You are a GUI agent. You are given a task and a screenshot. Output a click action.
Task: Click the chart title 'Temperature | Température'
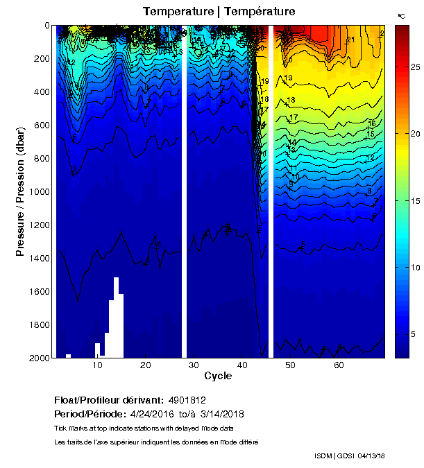click(x=219, y=12)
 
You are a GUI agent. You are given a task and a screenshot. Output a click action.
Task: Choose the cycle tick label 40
click(x=241, y=365)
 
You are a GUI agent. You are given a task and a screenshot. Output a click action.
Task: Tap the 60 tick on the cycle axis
click(x=338, y=365)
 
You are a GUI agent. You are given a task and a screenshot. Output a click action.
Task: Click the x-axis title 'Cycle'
click(x=218, y=376)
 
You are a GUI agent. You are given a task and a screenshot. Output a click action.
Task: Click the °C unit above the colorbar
click(x=401, y=15)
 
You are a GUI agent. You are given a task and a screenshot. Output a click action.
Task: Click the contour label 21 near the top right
click(x=350, y=40)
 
